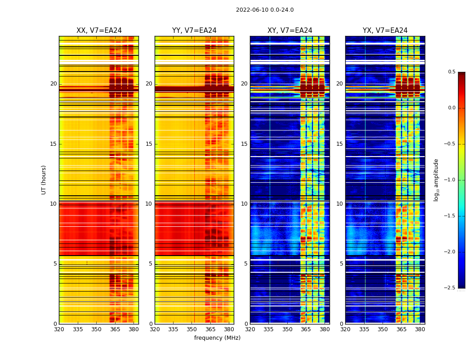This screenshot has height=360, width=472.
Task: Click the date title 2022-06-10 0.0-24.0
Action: tap(265, 10)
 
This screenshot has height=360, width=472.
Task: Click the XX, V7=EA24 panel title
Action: tap(99, 31)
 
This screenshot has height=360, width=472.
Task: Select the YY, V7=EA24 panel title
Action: tap(194, 31)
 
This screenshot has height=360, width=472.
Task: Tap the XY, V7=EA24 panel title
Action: tap(290, 31)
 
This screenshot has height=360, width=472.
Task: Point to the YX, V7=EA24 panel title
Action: tap(385, 31)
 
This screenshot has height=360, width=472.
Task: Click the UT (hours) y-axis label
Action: tap(44, 180)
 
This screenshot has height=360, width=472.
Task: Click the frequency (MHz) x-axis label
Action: tap(217, 338)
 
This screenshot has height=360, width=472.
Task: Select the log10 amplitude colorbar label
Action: tap(436, 180)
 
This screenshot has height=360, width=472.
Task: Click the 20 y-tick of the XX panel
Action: tap(53, 84)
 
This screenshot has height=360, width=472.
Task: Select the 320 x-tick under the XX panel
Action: tap(59, 329)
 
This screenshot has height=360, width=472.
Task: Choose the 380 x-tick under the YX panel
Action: tap(420, 329)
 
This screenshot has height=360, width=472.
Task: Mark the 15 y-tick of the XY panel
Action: tap(244, 144)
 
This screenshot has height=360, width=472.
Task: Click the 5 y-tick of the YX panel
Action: tap(342, 264)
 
